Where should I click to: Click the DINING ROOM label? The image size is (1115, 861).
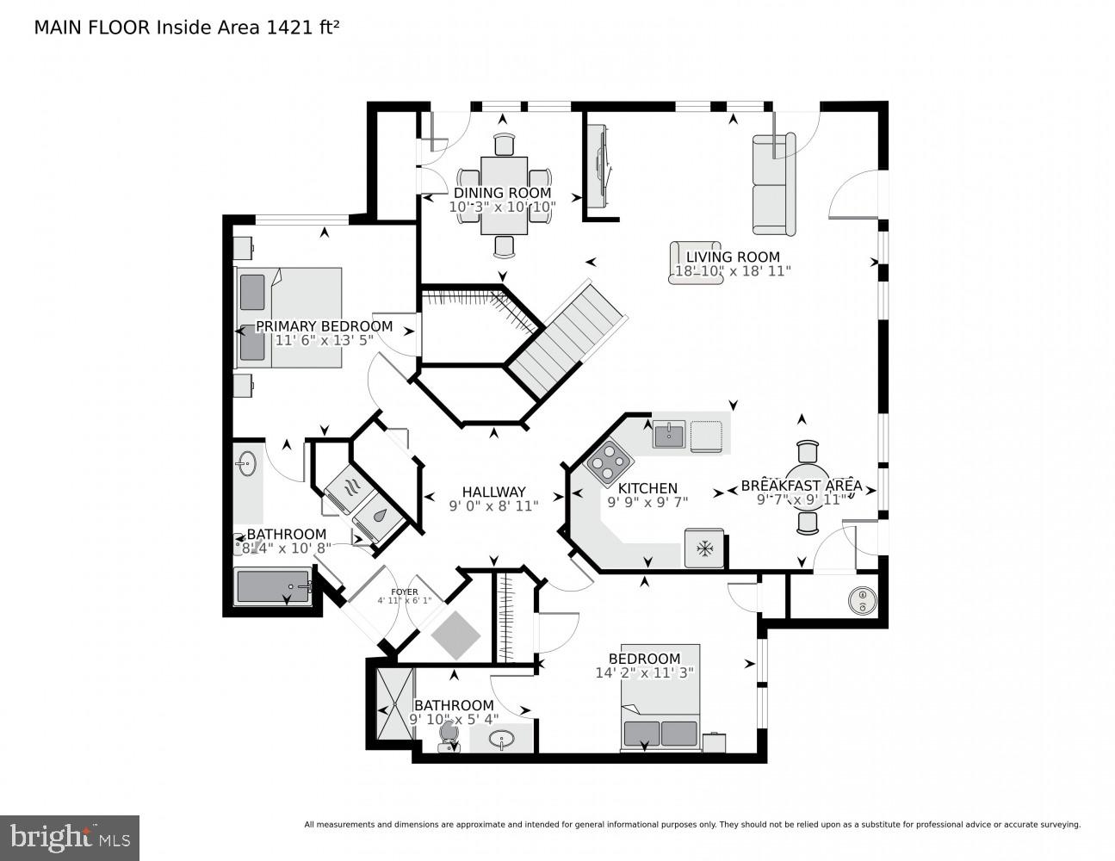pos(502,193)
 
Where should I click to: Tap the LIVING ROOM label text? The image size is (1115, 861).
pos(733,257)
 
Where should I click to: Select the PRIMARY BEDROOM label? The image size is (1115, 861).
pos(324,326)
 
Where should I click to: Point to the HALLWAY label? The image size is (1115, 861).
pos(493,492)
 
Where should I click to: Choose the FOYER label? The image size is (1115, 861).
pos(404,592)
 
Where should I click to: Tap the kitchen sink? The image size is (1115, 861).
pos(668,435)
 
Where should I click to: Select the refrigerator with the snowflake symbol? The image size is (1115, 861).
pos(704,548)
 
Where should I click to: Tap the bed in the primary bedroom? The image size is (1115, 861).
pos(288,317)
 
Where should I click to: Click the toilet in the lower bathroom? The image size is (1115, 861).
pos(447,734)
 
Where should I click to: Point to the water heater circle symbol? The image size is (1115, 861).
pos(861,600)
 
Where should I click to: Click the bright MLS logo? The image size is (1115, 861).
pos(69,838)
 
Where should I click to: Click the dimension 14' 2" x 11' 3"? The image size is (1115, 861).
pos(644,672)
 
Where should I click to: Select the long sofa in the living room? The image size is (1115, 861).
pos(773,184)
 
